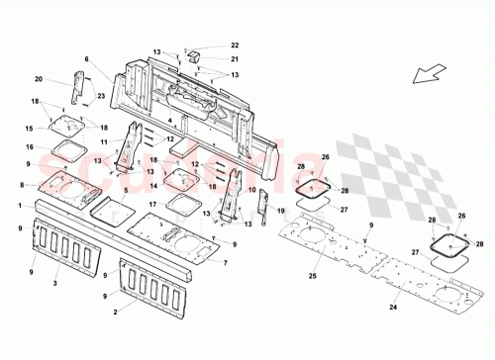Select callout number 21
pyautogui.click(x=235, y=59)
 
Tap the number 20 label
pyautogui.click(x=40, y=80)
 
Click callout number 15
pyautogui.click(x=30, y=128)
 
